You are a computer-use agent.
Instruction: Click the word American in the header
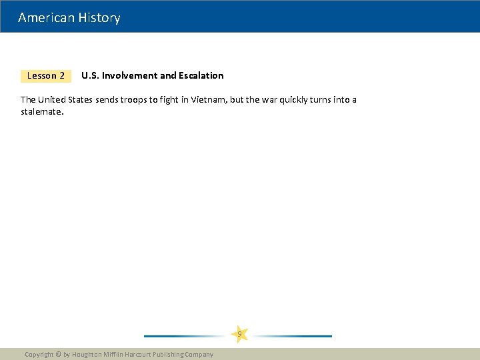47,18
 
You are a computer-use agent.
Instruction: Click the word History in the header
99,18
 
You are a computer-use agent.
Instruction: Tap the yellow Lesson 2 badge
46,76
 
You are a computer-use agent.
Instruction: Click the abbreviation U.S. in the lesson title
90,76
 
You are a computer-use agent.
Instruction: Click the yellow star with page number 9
239,334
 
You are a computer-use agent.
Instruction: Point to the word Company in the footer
199,355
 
